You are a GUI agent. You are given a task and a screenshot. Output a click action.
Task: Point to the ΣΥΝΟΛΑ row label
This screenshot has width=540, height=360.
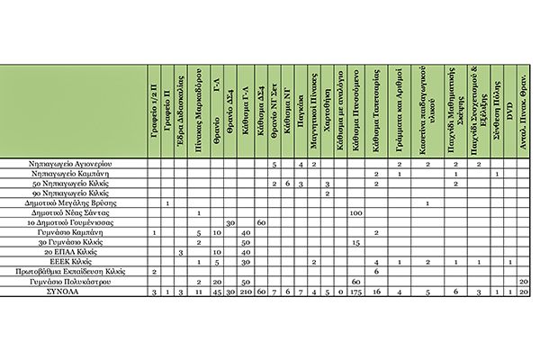coord(123,292)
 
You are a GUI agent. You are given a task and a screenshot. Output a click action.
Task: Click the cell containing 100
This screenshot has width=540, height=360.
coord(355,213)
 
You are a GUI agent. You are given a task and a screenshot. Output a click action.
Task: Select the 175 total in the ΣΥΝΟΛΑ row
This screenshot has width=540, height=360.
coord(355,292)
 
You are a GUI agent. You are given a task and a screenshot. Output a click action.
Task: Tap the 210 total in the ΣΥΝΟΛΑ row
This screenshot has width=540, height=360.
coord(244,292)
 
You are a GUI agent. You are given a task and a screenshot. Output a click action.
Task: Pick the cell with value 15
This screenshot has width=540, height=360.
coord(355,242)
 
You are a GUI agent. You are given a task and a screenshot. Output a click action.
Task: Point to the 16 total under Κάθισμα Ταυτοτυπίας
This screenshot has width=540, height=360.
coord(376,292)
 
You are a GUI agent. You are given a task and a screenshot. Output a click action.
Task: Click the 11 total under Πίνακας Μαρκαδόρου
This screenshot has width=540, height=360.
coord(198,292)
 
